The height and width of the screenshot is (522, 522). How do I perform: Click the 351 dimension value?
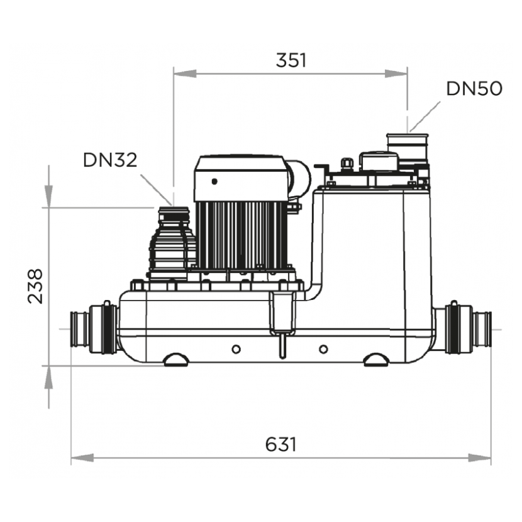[291, 60]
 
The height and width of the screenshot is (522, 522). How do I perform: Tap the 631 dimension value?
[280, 444]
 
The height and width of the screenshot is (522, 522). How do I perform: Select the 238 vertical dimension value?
[35, 286]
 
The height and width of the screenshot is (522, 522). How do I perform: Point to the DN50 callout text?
[474, 89]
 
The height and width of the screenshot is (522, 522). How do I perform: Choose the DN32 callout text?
[110, 160]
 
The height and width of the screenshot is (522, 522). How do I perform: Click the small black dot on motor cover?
[214, 181]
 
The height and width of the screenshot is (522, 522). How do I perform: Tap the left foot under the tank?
[176, 360]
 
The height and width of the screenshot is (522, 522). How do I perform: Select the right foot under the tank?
[376, 360]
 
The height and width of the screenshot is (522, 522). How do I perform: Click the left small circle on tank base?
[236, 349]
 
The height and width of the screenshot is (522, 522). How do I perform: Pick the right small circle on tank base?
[323, 349]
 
